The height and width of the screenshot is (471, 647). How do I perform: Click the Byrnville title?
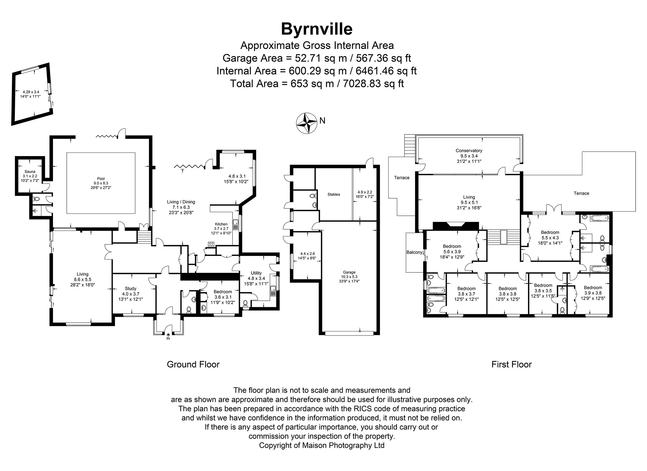[x=317, y=29]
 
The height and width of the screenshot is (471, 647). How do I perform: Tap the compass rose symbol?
[x=306, y=123]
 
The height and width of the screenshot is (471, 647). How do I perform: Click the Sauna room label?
[x=30, y=172]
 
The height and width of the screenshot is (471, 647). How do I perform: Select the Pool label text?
[x=101, y=179]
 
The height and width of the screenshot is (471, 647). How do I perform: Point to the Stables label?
[x=334, y=195]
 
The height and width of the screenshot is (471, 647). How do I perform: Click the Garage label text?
[x=349, y=272]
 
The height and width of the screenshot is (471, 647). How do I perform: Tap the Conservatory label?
[x=469, y=151]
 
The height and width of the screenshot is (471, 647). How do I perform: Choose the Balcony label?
[x=414, y=252]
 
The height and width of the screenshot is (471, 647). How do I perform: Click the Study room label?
[x=130, y=289]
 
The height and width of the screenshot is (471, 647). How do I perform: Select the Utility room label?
[x=256, y=273]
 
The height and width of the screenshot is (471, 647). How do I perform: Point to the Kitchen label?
[x=221, y=224]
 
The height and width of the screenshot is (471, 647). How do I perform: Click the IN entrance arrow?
[x=168, y=334]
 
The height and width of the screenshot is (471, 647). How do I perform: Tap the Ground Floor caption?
[x=193, y=364]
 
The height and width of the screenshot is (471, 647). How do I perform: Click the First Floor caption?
[x=511, y=364]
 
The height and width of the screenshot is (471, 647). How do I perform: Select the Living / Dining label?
[x=181, y=202]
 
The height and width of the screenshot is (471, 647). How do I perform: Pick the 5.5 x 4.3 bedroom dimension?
[x=550, y=237]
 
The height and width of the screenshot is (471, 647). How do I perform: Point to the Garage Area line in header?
[x=317, y=58]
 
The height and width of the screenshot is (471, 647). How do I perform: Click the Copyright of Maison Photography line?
[x=321, y=445]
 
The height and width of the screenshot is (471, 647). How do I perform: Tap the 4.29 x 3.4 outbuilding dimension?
[x=31, y=92]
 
